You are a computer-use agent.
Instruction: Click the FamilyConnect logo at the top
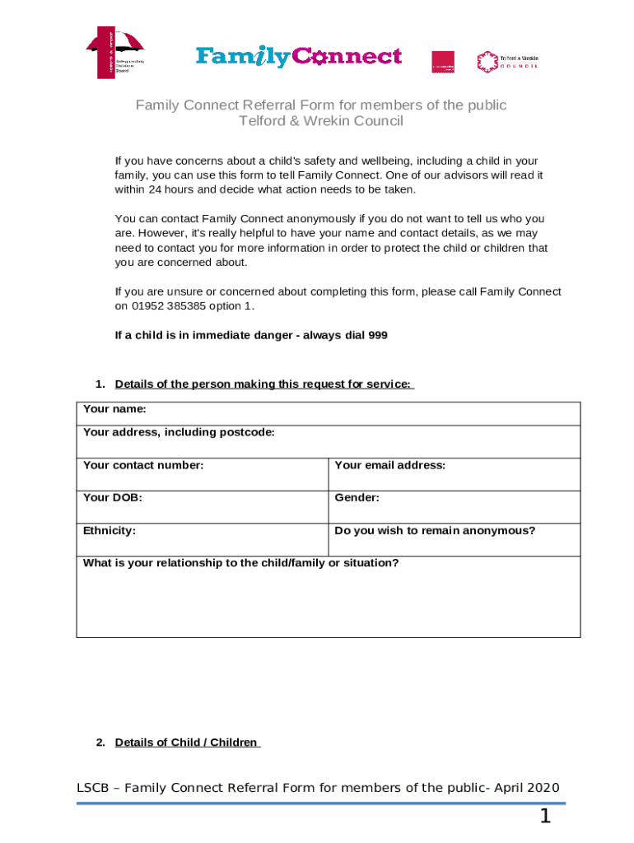pyautogui.click(x=298, y=57)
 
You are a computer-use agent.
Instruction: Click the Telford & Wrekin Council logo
pyautogui.click(x=507, y=62)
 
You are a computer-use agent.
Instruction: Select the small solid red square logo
pyautogui.click(x=443, y=62)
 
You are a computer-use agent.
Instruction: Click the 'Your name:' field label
pyautogui.click(x=114, y=409)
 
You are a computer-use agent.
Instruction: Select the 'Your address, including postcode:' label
pyautogui.click(x=179, y=432)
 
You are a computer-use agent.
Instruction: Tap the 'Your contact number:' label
pyautogui.click(x=143, y=465)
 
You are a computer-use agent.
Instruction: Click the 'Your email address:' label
pyautogui.click(x=389, y=465)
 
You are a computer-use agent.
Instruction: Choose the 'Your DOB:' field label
pyautogui.click(x=106, y=498)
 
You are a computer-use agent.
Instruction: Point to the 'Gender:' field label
pyautogui.click(x=357, y=498)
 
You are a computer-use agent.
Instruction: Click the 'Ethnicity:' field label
pyautogui.click(x=110, y=531)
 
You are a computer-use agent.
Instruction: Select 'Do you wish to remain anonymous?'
pyautogui.click(x=435, y=531)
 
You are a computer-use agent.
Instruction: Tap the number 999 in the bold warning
pyautogui.click(x=377, y=335)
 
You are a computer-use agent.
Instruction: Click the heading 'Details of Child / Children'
pyautogui.click(x=186, y=743)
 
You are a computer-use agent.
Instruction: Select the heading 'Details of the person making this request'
pyautogui.click(x=263, y=384)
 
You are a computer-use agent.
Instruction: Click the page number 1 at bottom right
pyautogui.click(x=544, y=817)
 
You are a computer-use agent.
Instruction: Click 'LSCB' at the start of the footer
pyautogui.click(x=93, y=788)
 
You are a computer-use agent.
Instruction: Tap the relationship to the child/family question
pyautogui.click(x=241, y=563)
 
